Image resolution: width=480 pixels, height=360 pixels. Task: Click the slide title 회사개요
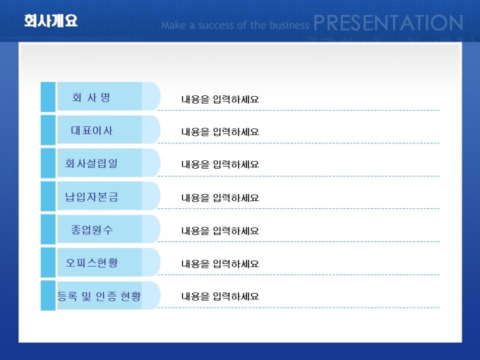51,20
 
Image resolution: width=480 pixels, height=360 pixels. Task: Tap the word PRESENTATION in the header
388,23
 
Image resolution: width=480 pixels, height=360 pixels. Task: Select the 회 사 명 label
91,97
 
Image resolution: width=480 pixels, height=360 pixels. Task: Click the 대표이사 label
92,131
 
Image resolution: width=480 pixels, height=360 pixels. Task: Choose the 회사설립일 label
91,163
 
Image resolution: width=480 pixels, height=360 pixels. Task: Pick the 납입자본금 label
92,196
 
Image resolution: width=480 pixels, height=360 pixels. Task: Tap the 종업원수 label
92,229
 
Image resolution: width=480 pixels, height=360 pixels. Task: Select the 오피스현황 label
92,263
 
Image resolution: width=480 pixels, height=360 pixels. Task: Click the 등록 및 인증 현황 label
100,296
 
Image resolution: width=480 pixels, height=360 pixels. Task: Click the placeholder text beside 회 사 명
220,100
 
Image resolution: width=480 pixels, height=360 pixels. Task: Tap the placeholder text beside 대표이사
220,132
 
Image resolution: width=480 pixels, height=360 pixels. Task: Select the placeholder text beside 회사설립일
220,164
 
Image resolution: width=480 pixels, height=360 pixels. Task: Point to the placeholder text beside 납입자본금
220,198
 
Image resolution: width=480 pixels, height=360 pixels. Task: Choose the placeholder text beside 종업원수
220,231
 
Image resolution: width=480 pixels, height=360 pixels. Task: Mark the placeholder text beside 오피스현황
220,263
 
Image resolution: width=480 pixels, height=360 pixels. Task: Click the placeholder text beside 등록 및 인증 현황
220,296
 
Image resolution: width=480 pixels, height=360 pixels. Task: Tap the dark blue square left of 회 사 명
48,97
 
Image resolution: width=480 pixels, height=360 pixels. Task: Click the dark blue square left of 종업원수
48,229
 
